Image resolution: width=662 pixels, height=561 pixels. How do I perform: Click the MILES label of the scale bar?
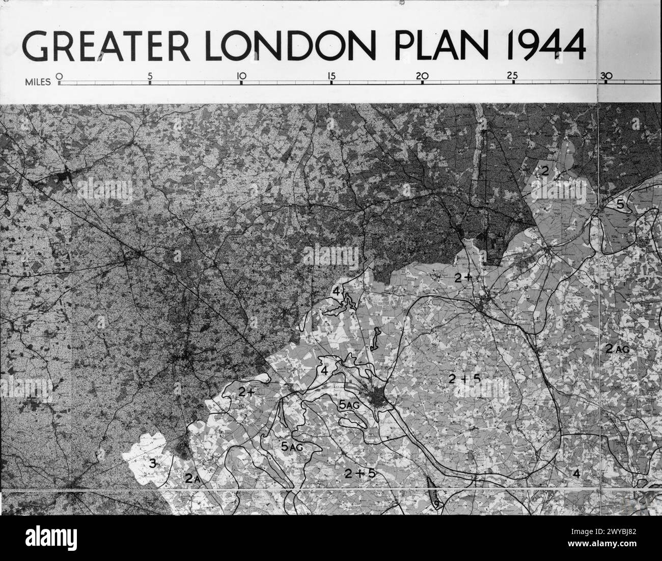point(38,81)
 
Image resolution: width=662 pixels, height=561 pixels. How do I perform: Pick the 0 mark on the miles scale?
point(59,77)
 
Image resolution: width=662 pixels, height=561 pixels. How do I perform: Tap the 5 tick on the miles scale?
point(150,77)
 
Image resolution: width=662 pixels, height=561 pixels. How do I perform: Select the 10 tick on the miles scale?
point(241,77)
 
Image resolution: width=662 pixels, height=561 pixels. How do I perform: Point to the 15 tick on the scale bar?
point(332,77)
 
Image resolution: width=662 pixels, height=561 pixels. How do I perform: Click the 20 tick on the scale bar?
point(422,77)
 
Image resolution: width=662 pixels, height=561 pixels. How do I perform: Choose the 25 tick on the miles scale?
point(513,77)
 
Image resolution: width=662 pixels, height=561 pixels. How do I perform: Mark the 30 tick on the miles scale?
point(606,77)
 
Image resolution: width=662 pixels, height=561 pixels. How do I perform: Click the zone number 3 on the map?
point(152,463)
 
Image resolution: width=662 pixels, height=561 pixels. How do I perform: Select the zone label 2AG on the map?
point(617,349)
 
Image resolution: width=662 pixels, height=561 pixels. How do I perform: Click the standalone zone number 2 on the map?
point(544,171)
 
